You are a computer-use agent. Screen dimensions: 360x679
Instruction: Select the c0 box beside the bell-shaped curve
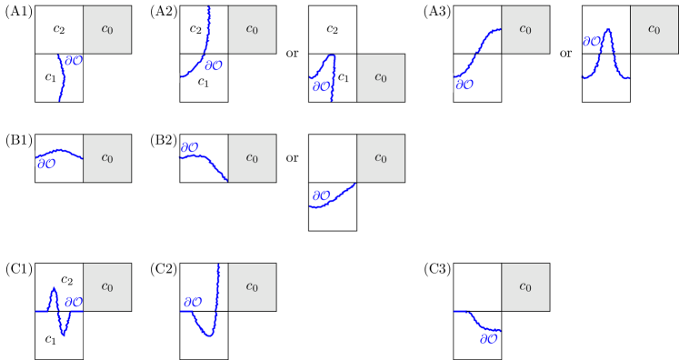pyautogui.click(x=654, y=29)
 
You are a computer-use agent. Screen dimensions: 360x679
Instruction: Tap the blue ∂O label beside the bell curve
pyautogui.click(x=591, y=42)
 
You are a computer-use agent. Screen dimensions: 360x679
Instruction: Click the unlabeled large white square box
pyautogui.click(x=332, y=158)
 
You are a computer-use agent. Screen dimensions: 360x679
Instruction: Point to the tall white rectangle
pyautogui.click(x=299, y=190)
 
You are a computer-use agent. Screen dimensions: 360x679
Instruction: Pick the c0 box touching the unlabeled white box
pyautogui.click(x=380, y=158)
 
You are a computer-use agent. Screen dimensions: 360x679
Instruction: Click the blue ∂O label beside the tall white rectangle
pyautogui.click(x=321, y=195)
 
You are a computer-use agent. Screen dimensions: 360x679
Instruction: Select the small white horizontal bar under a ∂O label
pyautogui.click(x=193, y=309)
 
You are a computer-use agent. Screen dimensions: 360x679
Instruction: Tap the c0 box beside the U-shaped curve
pyautogui.click(x=252, y=287)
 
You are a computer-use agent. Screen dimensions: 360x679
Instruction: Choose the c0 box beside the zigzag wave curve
pyautogui.click(x=107, y=287)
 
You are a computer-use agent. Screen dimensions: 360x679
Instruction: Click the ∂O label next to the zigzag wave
pyautogui.click(x=74, y=302)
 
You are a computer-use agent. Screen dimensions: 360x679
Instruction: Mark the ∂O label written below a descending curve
pyautogui.click(x=488, y=339)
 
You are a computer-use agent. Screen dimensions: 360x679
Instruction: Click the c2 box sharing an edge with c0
pyautogui.click(x=59, y=29)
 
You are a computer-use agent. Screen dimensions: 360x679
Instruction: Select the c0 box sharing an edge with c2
pyautogui.click(x=107, y=29)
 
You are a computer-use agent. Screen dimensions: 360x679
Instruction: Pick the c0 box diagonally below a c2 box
pyautogui.click(x=380, y=77)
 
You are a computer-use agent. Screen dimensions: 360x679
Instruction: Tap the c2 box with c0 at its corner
pyautogui.click(x=332, y=29)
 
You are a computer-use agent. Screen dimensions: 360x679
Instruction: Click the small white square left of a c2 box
pyautogui.click(x=299, y=78)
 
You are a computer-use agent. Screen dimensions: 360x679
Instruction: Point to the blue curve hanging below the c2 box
pyautogui.click(x=62, y=77)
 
